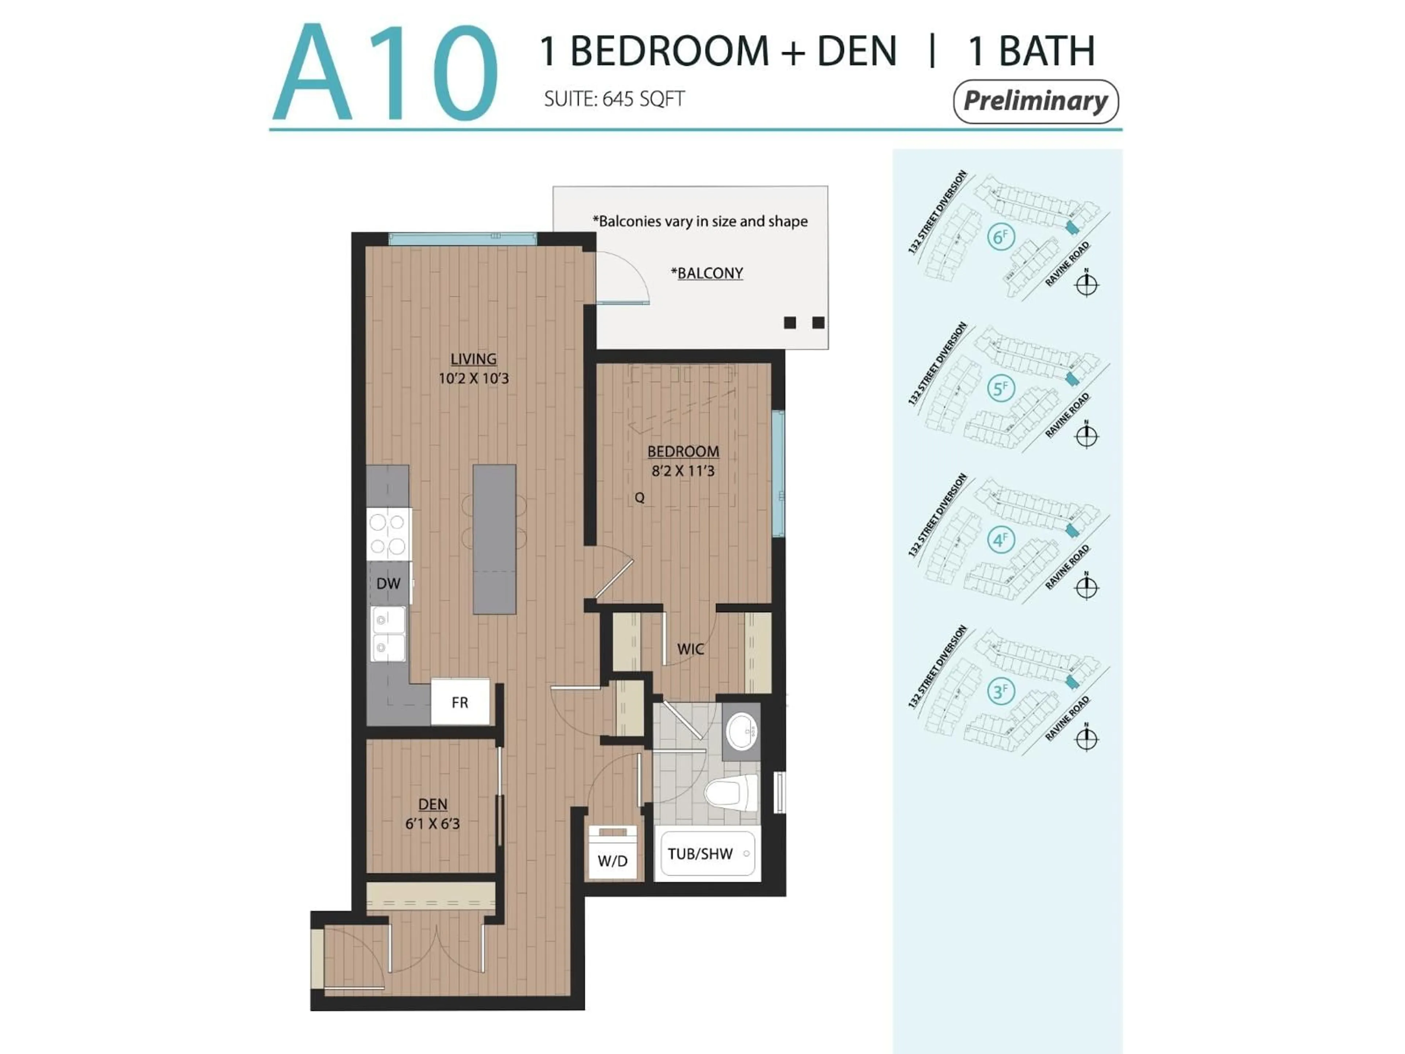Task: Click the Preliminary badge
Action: [1035, 101]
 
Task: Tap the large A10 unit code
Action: [385, 73]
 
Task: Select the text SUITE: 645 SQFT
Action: [614, 99]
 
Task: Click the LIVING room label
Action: [473, 359]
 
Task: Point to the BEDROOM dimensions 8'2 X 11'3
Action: [683, 471]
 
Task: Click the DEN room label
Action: [432, 804]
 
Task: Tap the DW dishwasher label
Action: [388, 583]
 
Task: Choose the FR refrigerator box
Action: [460, 702]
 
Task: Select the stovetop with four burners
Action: [388, 534]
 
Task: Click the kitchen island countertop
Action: [494, 539]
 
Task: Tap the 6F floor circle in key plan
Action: [1000, 237]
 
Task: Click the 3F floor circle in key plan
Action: [1000, 691]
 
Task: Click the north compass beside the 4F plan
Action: [1086, 587]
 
